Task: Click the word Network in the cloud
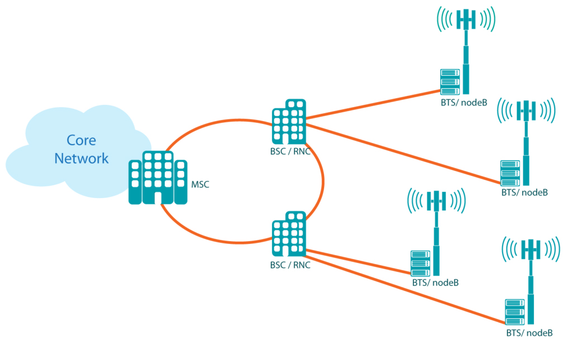tap(82, 159)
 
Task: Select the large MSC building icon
tap(158, 178)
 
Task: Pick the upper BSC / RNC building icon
tap(289, 123)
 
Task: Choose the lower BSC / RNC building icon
tap(289, 234)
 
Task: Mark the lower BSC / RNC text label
tap(290, 265)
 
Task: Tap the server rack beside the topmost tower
tap(450, 81)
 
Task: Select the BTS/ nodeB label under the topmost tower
tap(464, 103)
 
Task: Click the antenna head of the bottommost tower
tap(530, 248)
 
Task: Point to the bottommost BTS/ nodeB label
tap(530, 333)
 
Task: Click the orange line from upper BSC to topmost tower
tap(374, 104)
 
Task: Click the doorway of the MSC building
tap(158, 198)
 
